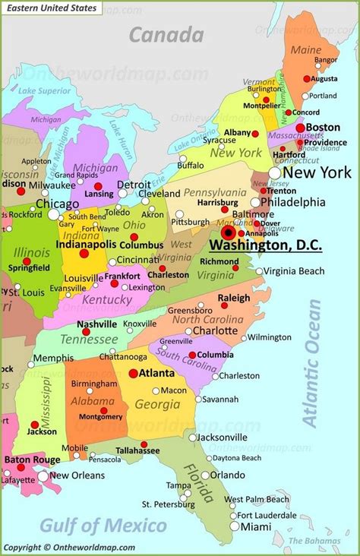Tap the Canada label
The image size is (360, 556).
166,34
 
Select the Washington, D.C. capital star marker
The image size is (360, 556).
229,232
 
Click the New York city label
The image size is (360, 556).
317,173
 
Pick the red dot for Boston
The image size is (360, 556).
301,128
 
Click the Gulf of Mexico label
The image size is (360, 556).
103,526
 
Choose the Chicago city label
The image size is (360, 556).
57,204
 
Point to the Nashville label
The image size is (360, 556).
96,324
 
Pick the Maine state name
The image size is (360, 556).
306,50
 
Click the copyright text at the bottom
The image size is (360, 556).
69,547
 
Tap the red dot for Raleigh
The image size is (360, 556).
224,308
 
